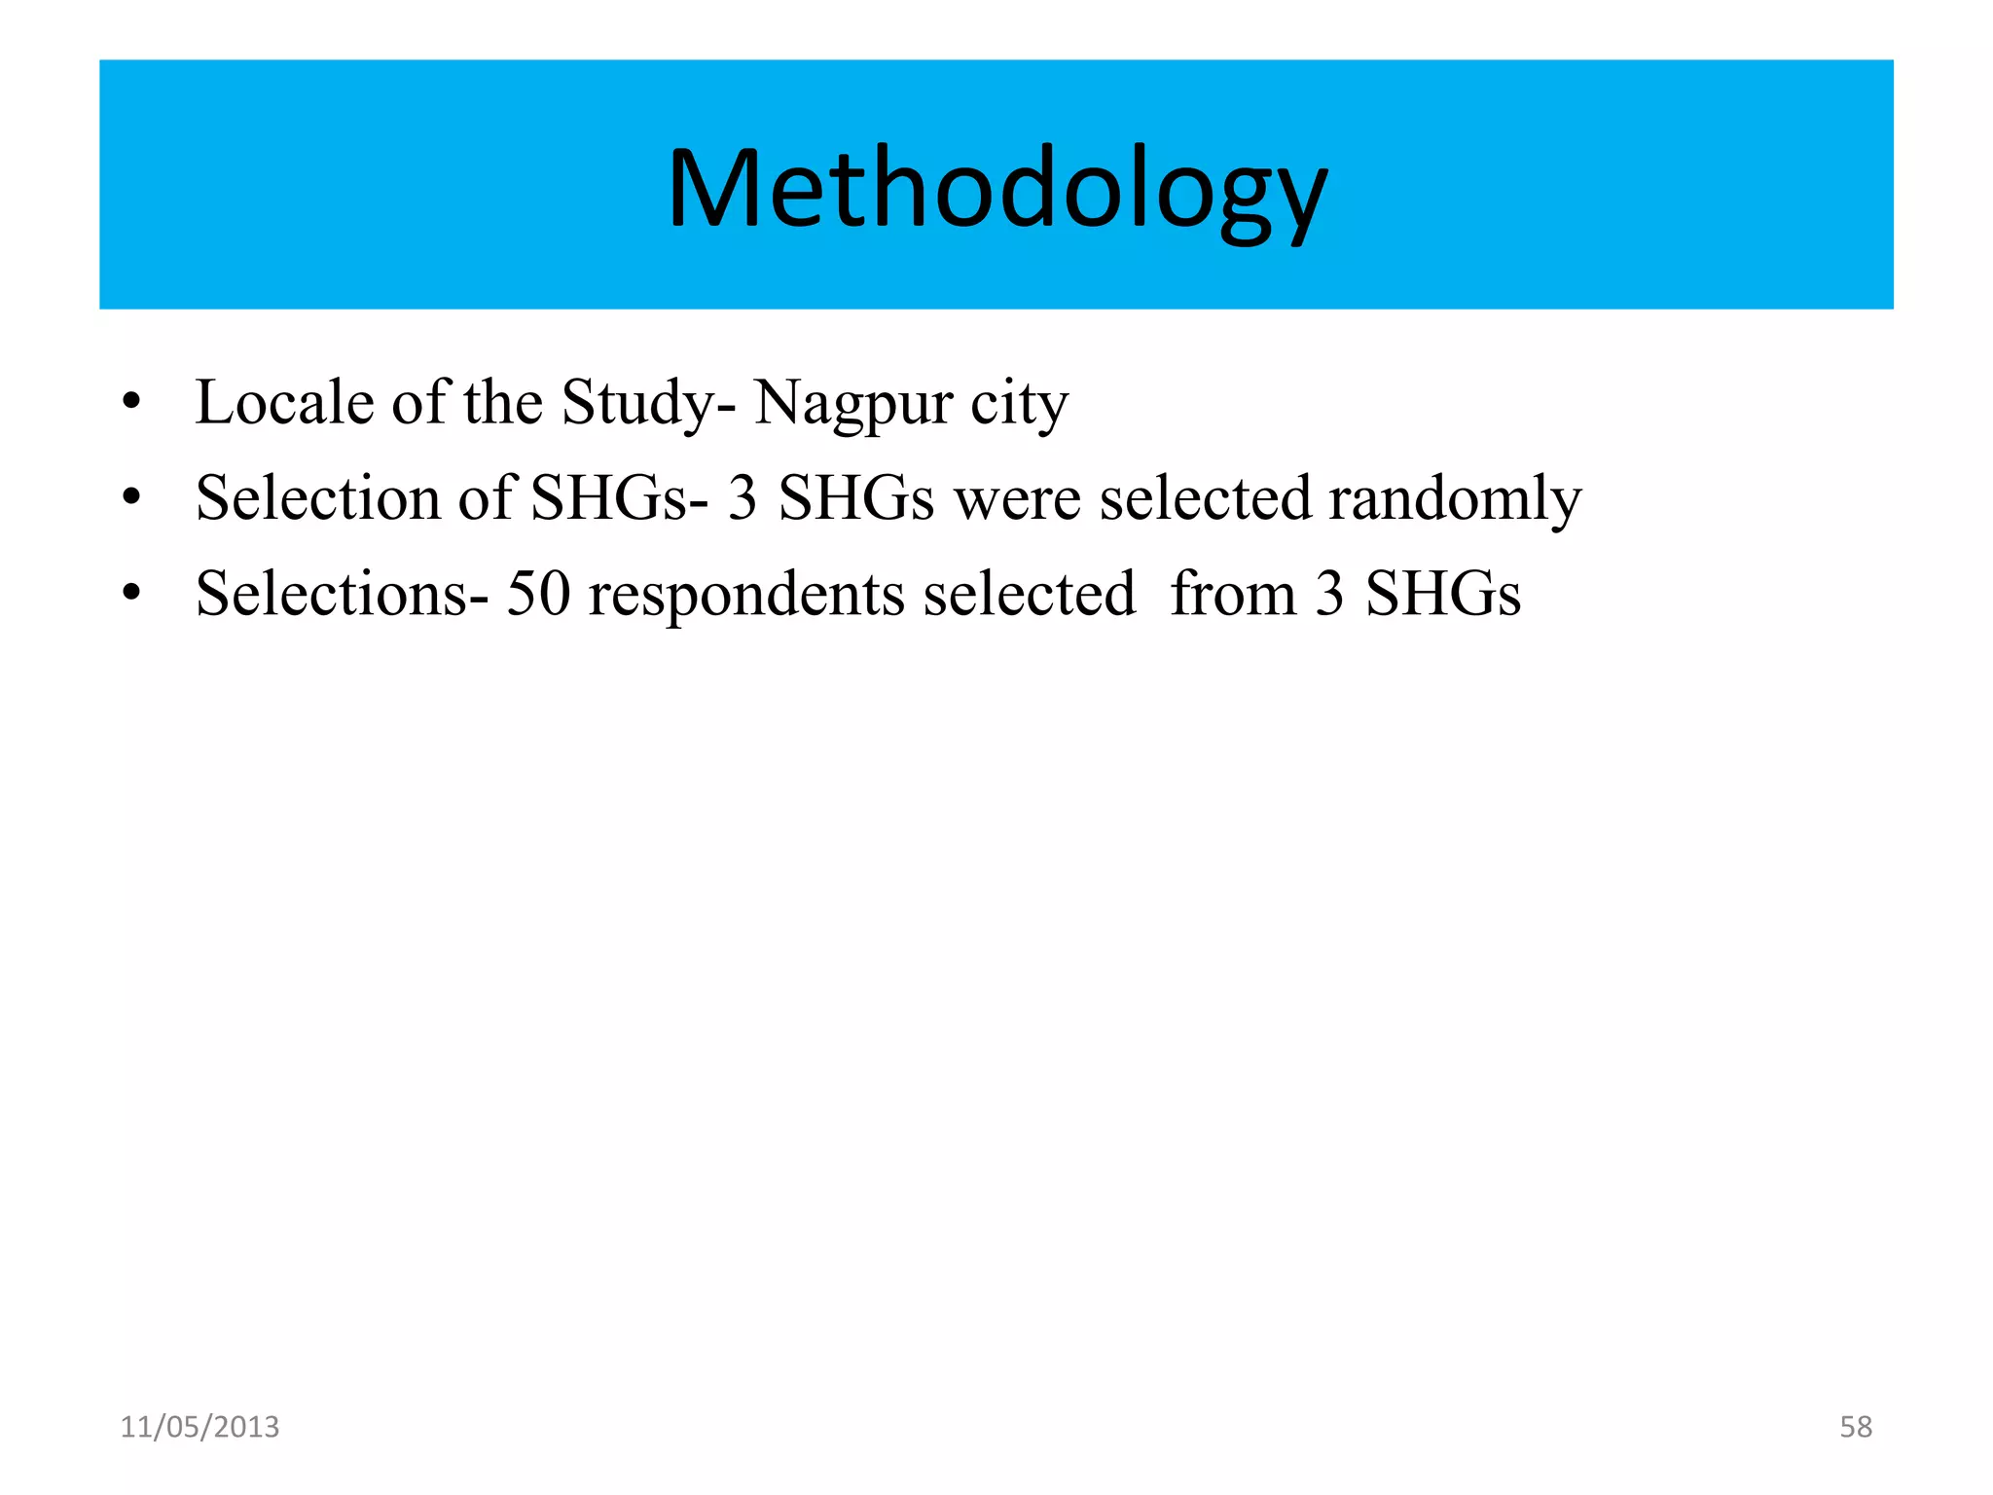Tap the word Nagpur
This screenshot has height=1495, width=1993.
852,404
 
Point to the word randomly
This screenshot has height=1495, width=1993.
1455,499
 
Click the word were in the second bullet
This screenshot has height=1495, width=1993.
1017,499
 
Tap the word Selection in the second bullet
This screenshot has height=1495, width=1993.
317,497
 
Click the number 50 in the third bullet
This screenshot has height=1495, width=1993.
538,593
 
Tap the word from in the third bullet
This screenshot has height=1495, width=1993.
1232,593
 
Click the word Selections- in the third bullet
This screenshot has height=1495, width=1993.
342,593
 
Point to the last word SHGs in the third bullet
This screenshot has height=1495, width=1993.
1442,593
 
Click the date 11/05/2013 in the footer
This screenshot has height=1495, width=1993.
199,1427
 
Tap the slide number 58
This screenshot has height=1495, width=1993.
1855,1427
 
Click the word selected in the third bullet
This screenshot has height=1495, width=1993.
1029,593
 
